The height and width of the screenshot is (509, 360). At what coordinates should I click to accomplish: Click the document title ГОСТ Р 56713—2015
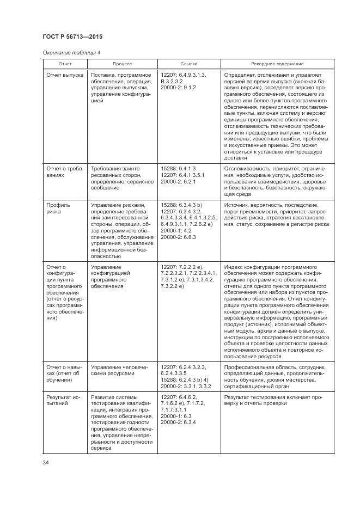tap(72, 37)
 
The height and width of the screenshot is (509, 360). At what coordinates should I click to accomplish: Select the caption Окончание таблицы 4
tap(71, 52)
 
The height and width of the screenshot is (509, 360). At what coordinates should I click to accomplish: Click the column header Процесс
tap(122, 64)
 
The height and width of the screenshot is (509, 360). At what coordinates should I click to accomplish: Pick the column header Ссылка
tap(188, 64)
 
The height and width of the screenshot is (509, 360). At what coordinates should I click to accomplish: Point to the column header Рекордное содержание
tap(277, 64)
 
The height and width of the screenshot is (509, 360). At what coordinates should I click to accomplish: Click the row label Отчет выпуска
tap(65, 75)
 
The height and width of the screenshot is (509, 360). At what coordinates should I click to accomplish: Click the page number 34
tap(46, 463)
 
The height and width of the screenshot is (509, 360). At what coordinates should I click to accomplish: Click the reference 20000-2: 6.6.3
tap(178, 237)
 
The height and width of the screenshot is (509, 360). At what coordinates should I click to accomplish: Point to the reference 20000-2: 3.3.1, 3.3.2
tap(186, 386)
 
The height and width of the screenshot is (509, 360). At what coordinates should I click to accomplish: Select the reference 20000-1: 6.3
tap(175, 416)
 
